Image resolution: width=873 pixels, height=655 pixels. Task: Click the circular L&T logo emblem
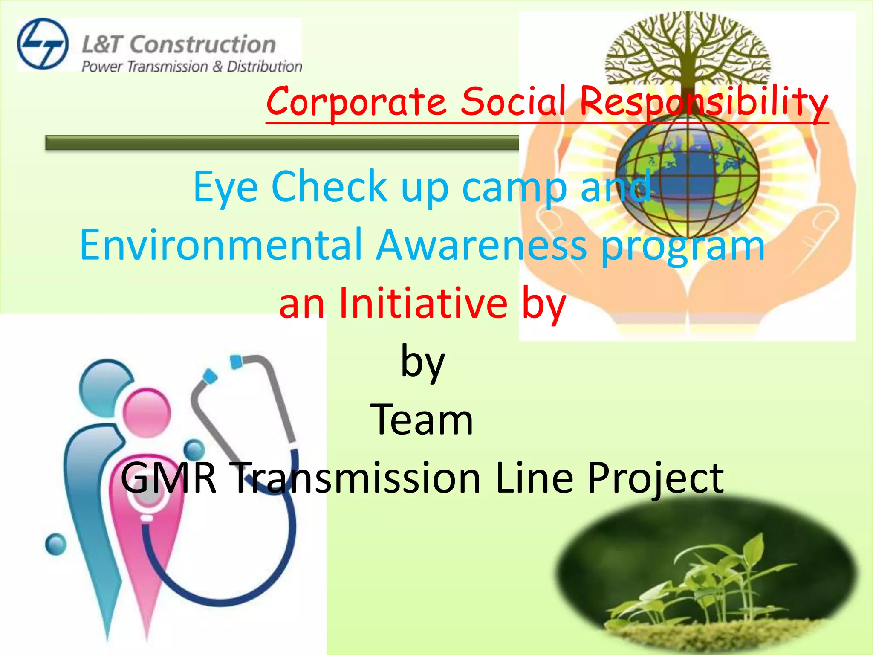(x=43, y=44)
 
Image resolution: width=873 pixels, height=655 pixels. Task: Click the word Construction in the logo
(x=202, y=45)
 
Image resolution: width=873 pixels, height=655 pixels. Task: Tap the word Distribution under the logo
(x=264, y=67)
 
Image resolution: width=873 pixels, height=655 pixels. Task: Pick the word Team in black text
(x=422, y=420)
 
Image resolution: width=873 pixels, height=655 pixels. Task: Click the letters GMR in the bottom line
(x=168, y=478)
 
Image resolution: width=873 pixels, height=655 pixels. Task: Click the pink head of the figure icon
(x=147, y=412)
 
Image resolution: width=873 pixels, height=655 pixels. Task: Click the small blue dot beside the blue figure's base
(x=55, y=544)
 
